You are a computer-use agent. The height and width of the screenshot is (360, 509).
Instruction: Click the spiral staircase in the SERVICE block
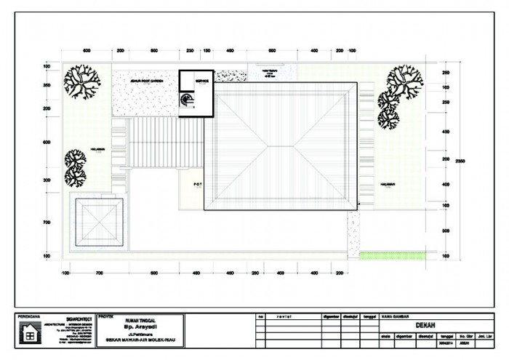[x=187, y=103]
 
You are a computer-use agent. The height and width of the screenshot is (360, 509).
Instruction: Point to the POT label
[x=197, y=184]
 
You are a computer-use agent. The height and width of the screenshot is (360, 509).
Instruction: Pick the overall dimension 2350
[x=461, y=161]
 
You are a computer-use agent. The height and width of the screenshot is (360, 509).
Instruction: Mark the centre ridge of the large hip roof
[x=282, y=145]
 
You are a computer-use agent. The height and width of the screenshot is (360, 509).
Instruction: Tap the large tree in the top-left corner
[x=81, y=82]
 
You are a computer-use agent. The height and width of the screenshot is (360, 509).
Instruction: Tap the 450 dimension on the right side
[x=446, y=132]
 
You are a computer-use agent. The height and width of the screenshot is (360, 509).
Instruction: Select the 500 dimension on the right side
[x=446, y=231]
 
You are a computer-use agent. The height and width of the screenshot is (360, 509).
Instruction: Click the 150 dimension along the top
[x=207, y=51]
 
